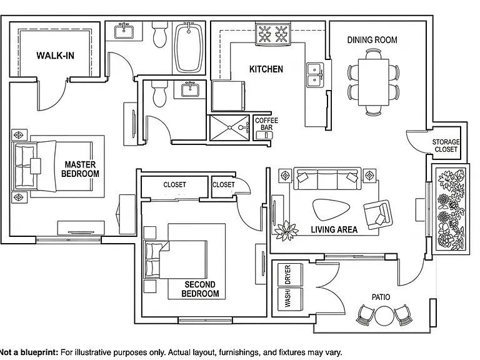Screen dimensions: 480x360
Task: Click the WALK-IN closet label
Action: pyautogui.click(x=55, y=56)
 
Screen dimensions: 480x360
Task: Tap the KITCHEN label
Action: pyautogui.click(x=266, y=69)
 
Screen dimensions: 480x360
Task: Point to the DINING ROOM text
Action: pyautogui.click(x=372, y=40)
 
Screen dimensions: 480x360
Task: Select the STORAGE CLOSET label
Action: pyautogui.click(x=446, y=146)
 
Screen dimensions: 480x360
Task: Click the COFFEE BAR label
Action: pyautogui.click(x=266, y=124)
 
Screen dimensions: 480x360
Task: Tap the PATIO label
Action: pyautogui.click(x=381, y=297)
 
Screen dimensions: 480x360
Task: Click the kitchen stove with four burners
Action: pyautogui.click(x=273, y=34)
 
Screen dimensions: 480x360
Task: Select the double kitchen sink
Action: pyautogui.click(x=315, y=75)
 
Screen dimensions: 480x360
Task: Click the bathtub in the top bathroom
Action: pyautogui.click(x=189, y=47)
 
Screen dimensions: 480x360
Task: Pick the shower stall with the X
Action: pyautogui.click(x=229, y=127)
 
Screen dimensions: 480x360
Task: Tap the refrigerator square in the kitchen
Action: pyautogui.click(x=228, y=96)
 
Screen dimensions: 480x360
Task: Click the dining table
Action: pyautogui.click(x=374, y=82)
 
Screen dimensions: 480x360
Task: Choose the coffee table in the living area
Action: pyautogui.click(x=331, y=210)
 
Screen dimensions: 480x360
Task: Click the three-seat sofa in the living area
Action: pyautogui.click(x=327, y=179)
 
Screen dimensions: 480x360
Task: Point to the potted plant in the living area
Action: pyautogui.click(x=286, y=231)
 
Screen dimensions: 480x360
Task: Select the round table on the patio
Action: pyautogui.click(x=384, y=316)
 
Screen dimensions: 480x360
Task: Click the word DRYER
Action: pyautogui.click(x=287, y=274)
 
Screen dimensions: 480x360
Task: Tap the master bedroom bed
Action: pyautogui.click(x=52, y=166)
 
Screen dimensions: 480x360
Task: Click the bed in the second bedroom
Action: pyautogui.click(x=176, y=259)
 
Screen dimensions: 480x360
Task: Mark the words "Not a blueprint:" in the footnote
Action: pyautogui.click(x=29, y=352)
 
